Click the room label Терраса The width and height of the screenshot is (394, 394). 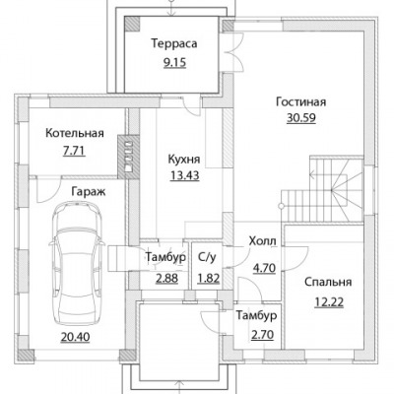[x=174, y=43]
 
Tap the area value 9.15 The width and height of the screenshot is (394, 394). [x=174, y=62]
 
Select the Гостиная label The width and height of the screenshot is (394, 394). [x=301, y=101]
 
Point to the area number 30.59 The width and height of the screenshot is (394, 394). [x=301, y=118]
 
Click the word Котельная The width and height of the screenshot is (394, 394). [x=75, y=133]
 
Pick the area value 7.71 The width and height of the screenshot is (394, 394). [x=74, y=151]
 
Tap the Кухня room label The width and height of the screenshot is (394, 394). [x=184, y=160]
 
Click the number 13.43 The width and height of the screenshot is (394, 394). [x=185, y=175]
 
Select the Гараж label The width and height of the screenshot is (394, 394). [x=89, y=192]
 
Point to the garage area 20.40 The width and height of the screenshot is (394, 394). [x=75, y=337]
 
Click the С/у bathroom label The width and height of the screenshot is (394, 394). [x=207, y=257]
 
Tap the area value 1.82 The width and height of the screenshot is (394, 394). [x=208, y=279]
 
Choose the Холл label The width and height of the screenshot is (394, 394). [x=263, y=241]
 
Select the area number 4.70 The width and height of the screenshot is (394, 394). [x=264, y=269]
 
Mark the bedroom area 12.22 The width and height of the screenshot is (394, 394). [x=329, y=302]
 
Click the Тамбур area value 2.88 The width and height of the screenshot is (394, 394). [x=166, y=279]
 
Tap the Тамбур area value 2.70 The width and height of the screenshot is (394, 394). [x=262, y=335]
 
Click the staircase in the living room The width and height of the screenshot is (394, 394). [x=322, y=189]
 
